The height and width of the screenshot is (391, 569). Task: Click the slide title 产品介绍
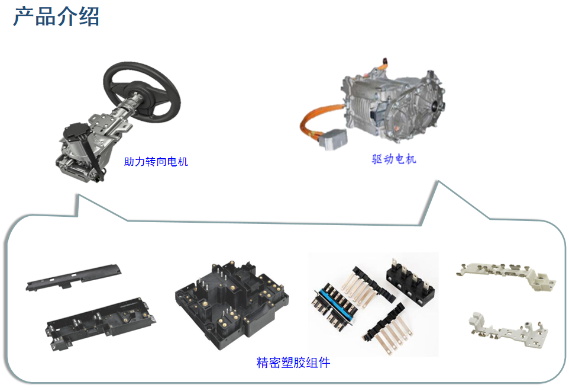(x=56, y=17)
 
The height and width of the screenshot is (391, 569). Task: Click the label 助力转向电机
(x=156, y=162)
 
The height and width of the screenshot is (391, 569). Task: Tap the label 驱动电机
(x=394, y=159)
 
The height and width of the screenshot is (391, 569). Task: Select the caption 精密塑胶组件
(x=293, y=363)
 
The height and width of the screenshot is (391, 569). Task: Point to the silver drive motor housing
(x=394, y=105)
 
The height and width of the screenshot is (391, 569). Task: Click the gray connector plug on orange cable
(x=333, y=139)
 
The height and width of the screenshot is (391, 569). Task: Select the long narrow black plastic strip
(x=73, y=277)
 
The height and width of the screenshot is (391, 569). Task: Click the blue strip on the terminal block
(x=337, y=300)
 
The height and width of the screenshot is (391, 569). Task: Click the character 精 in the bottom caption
(x=263, y=363)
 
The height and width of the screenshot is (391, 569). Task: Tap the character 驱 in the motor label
(x=377, y=159)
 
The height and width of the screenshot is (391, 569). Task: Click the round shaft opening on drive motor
(x=434, y=105)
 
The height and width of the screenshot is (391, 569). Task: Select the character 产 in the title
(x=24, y=17)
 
